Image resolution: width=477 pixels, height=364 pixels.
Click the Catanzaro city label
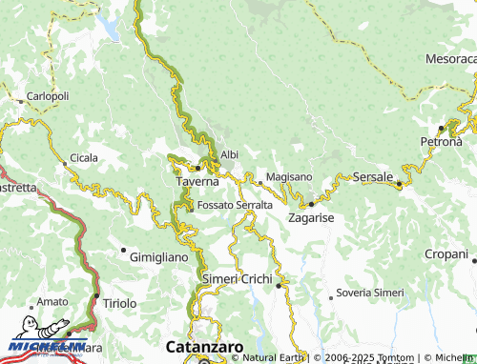coord(204,347)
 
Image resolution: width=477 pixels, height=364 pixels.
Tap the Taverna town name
coord(197,180)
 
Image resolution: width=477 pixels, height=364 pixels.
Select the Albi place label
coord(229,154)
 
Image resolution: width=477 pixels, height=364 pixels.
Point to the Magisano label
coord(289,177)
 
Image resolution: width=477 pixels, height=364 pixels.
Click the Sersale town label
coord(372,177)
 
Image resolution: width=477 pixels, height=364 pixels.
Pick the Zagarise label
coord(311,218)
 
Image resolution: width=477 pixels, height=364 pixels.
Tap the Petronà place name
coord(441,142)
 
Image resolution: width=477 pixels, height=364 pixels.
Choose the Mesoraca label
coord(450,59)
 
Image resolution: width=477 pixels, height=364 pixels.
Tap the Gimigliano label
coord(159,258)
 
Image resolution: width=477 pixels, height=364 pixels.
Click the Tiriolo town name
coord(119,303)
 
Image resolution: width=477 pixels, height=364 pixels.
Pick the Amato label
coord(52,301)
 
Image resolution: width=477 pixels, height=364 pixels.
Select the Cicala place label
coord(82,158)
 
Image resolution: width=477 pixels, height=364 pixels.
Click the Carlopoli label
coord(48,96)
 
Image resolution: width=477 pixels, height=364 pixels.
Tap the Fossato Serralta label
coord(235,205)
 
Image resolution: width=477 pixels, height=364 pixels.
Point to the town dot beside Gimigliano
coord(123,251)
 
